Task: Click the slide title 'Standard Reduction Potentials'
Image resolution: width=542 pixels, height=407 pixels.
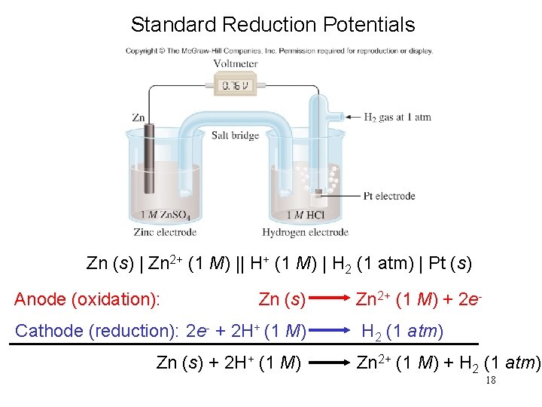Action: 273,24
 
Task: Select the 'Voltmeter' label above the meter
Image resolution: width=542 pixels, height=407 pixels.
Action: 235,64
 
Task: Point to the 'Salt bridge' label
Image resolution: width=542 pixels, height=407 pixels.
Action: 235,136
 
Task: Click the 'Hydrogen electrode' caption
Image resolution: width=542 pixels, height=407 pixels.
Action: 305,232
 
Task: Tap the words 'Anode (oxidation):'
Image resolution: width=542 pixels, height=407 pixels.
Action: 87,300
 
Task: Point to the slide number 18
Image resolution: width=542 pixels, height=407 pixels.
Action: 491,381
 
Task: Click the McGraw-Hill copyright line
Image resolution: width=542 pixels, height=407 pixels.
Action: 279,51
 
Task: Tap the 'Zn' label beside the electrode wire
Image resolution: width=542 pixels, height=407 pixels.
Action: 138,118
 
